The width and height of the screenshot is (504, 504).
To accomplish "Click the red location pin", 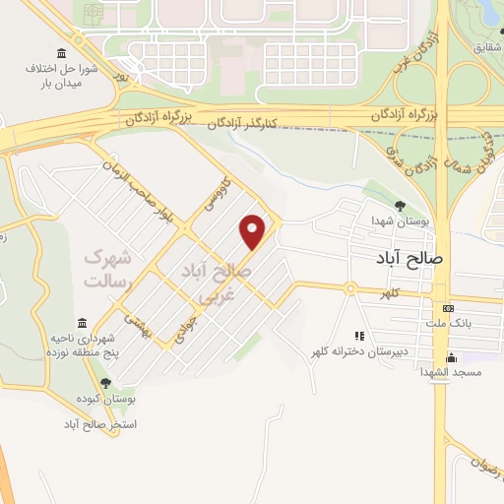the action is pos(254,231).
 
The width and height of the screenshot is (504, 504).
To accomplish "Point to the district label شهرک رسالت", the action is pos(107,268).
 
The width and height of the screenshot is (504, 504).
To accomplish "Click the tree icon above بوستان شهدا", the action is pos(399,205).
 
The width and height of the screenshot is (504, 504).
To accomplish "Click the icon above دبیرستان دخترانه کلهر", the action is pos(359,336).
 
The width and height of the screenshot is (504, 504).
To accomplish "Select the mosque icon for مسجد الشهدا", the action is pos(451,356).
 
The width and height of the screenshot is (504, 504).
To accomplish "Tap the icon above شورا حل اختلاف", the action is pos(62,52).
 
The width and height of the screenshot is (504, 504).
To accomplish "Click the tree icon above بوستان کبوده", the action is pos(105,384).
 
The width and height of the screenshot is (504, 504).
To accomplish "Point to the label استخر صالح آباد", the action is pos(98,424).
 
